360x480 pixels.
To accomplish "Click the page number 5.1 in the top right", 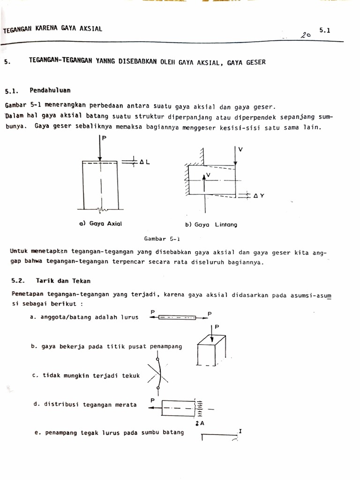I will point(325,30).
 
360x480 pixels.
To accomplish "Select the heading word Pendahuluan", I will point(50,90).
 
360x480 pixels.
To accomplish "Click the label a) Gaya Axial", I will point(101,224).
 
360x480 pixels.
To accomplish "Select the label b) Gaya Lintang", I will point(211,225).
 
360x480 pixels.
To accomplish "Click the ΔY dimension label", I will point(259,196).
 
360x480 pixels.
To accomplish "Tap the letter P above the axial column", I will point(104,139).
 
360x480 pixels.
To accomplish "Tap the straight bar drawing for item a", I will point(178,317).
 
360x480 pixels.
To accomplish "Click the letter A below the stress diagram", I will point(202,422).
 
